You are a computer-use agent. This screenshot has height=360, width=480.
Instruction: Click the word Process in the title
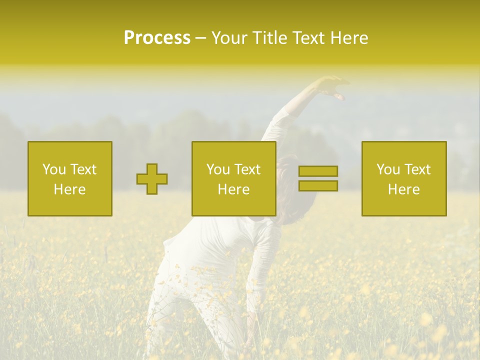157,38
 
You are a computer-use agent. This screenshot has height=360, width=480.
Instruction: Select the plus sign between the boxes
152,179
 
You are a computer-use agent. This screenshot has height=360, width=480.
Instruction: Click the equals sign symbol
318,178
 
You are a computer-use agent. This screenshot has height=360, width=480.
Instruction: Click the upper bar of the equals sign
318,171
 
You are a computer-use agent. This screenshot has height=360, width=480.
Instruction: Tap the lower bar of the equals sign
318,186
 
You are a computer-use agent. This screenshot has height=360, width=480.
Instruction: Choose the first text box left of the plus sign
70,178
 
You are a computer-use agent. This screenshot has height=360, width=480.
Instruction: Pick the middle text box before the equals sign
234,178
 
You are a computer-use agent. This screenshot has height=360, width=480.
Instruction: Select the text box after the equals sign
404,178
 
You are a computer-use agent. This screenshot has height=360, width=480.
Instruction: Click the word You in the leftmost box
53,169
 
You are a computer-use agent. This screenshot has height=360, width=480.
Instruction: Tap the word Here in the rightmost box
404,189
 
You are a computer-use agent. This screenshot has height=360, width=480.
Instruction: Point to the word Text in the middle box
247,169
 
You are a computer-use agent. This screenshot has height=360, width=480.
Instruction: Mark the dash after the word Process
200,38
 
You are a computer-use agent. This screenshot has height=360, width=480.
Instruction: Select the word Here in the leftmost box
70,189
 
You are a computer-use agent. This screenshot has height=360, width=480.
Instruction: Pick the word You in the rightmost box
388,169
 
